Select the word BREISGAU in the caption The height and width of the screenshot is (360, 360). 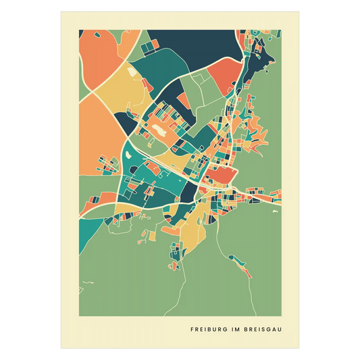(x=261, y=330)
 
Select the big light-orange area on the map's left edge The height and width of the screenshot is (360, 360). (x=98, y=135)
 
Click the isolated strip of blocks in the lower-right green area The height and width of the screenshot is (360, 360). (x=241, y=264)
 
